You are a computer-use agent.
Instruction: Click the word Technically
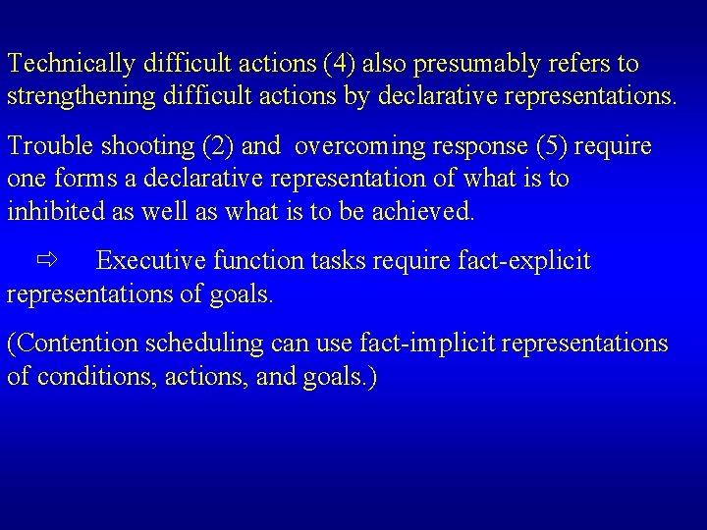click(70, 65)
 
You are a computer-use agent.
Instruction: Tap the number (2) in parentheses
click(218, 147)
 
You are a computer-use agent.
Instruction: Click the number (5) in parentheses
click(551, 147)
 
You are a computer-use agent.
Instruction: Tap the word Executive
click(151, 261)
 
